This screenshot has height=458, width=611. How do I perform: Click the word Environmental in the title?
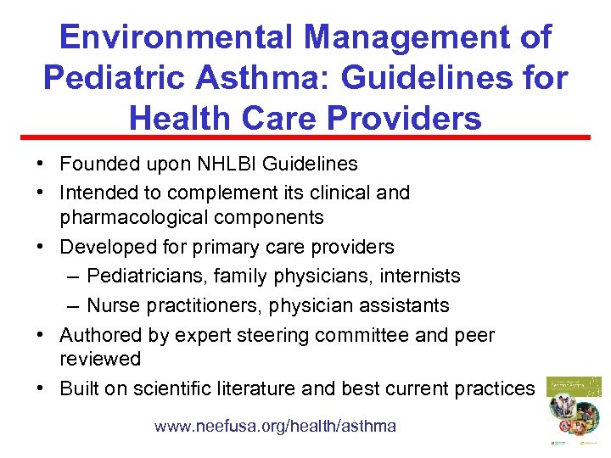176,37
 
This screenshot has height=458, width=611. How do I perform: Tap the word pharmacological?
132,218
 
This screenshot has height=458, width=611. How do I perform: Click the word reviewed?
100,359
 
